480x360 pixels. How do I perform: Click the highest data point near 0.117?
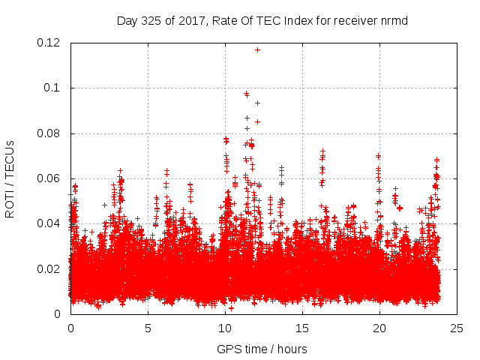pos(257,49)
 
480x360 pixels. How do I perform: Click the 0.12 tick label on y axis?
pos(49,43)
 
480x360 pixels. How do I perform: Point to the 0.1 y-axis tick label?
pos(53,88)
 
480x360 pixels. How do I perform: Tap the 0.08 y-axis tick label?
pos(49,133)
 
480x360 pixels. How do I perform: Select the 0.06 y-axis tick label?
pos(49,178)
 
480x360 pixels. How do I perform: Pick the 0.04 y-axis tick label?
pos(49,223)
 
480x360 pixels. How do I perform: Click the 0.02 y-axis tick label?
pos(49,268)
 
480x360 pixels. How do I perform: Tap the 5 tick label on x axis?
pos(148,328)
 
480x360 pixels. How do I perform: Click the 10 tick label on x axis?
pos(225,328)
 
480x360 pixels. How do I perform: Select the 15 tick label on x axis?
pos(302,328)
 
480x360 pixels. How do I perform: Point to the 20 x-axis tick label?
pos(379,328)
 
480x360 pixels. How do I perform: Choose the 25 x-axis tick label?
pos(457,328)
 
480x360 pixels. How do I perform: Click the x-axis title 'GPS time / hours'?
pos(262,349)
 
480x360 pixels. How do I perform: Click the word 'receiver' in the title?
pos(356,20)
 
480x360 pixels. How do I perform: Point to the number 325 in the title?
pos(151,20)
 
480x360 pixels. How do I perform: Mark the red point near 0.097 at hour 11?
pos(246,94)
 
